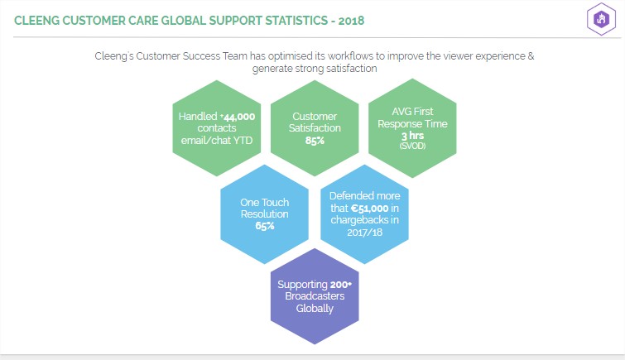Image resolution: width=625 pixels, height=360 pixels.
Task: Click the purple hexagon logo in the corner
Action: pos(601,19)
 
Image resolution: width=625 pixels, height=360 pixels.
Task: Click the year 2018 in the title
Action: pos(351,21)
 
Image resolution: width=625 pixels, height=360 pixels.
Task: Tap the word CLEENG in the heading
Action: pos(36,21)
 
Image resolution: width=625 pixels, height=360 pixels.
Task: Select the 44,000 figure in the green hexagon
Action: pos(238,117)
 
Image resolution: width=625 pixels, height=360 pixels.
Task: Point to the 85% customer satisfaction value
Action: pos(315,141)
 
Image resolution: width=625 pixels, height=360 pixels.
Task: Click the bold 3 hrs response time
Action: pos(412,136)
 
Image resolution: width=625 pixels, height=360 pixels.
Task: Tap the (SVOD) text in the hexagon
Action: pos(412,146)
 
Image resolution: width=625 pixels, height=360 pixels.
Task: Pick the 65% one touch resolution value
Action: pos(265,226)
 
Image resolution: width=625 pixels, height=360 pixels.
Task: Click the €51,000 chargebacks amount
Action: pos(369,208)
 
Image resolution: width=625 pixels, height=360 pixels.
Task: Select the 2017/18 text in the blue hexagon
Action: pos(365,232)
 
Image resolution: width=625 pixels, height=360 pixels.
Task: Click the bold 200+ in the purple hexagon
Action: pos(341,285)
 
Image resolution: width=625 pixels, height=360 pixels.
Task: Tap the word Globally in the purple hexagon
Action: pos(315,309)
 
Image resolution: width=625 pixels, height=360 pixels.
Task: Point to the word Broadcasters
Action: pos(315,296)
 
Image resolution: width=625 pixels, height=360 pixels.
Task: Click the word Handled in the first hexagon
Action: pos(198,117)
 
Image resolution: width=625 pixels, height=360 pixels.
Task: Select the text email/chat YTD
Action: pos(216,141)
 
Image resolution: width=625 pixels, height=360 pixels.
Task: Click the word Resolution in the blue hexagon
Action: pos(264,214)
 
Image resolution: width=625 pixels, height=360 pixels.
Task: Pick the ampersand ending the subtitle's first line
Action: pos(531,55)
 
